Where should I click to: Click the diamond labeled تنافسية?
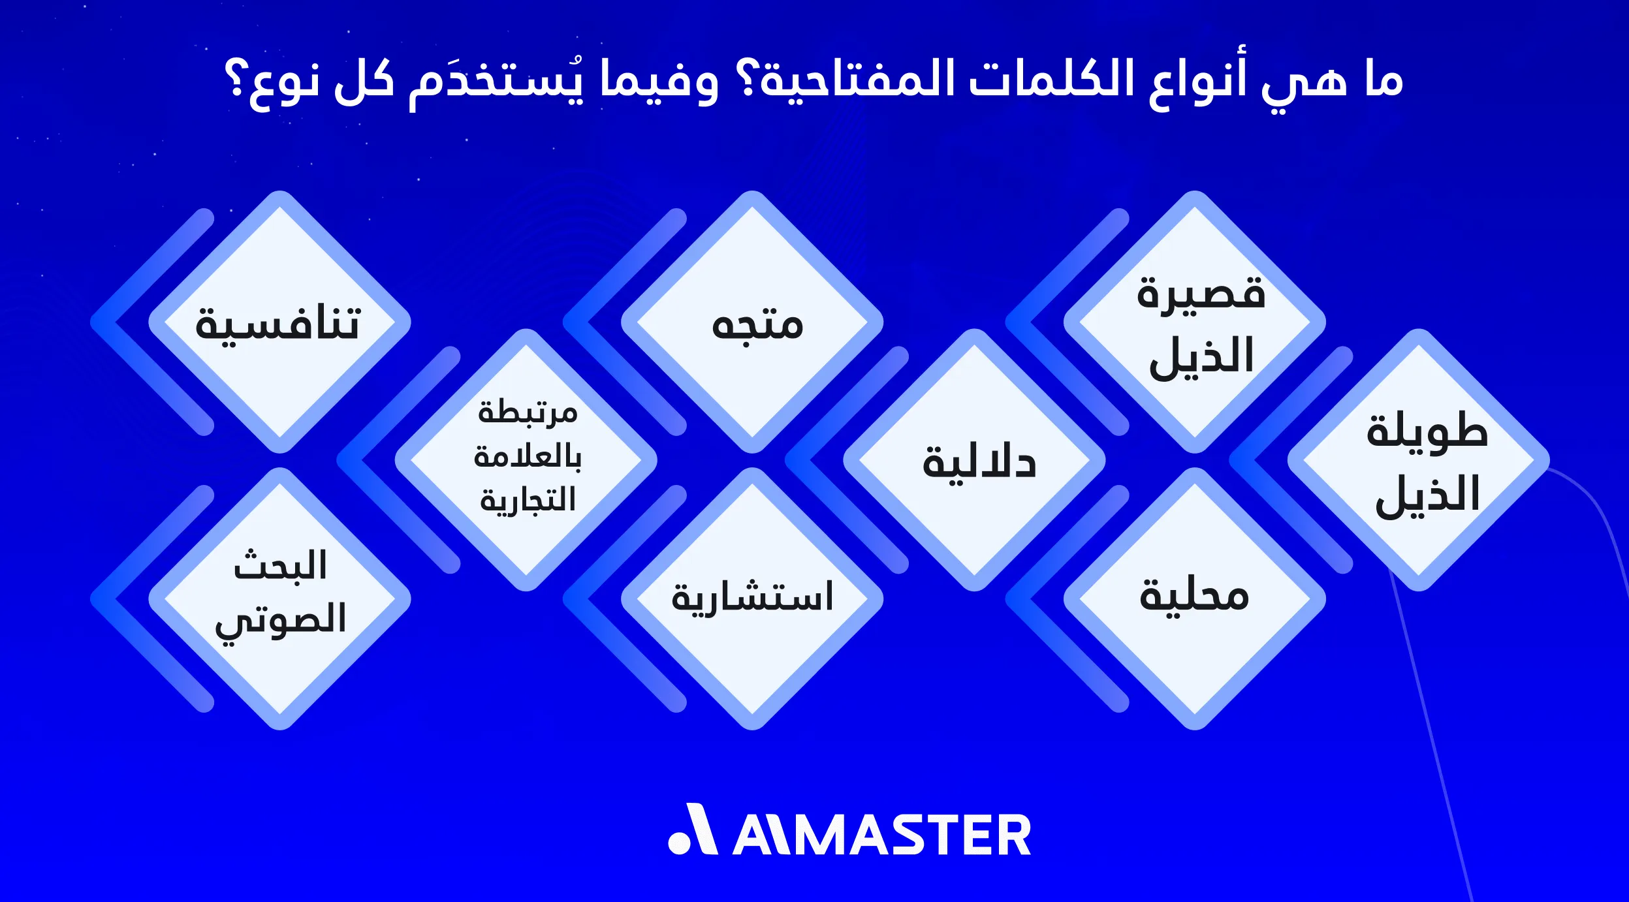(x=279, y=322)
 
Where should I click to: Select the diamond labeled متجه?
(x=752, y=322)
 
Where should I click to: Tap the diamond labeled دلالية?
(x=974, y=461)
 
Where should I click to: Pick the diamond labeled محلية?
(x=1195, y=598)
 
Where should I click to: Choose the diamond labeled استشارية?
(x=752, y=598)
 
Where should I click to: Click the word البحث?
(x=281, y=565)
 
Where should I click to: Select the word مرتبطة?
(x=528, y=412)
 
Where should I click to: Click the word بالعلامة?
(x=528, y=456)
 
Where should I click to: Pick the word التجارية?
(x=528, y=500)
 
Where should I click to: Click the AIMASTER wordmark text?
(x=881, y=836)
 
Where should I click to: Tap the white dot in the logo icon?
(x=679, y=843)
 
